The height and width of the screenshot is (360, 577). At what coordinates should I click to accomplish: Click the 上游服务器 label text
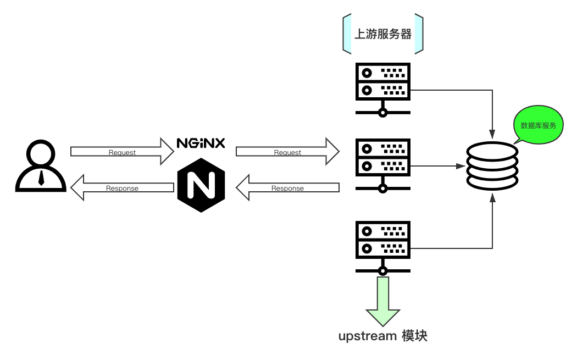[x=383, y=34]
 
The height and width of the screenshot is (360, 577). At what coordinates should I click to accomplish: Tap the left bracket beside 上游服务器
[x=347, y=34]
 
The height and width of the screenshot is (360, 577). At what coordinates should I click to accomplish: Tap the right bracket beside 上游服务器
[x=419, y=34]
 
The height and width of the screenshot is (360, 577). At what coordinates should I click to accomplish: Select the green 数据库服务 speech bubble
[x=538, y=125]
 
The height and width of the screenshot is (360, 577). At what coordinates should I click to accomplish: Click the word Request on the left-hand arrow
[x=122, y=152]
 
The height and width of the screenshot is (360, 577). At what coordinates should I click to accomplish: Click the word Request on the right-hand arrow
[x=287, y=152]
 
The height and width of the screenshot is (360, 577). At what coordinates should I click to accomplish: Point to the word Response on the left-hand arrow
[x=122, y=188]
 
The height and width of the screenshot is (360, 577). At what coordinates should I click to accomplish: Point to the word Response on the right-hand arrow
[x=287, y=188]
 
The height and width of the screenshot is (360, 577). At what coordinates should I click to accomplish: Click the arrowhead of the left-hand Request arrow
[x=167, y=151]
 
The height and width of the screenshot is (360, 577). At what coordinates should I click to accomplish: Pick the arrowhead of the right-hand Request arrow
[x=332, y=151]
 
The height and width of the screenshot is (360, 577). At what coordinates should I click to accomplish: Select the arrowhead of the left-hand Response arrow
[x=77, y=187]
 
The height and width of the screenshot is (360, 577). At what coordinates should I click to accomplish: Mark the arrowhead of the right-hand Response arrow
[x=243, y=187]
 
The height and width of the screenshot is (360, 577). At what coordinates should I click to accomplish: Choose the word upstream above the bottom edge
[x=367, y=336]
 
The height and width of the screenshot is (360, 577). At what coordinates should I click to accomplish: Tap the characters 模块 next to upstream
[x=414, y=336]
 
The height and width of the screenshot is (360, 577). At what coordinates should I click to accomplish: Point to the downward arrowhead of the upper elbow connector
[x=492, y=135]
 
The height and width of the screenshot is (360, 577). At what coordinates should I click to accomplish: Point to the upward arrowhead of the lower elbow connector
[x=492, y=197]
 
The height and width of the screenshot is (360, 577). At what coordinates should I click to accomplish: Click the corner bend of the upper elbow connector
[x=492, y=90]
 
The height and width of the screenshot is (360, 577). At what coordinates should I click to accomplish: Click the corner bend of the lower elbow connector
[x=492, y=248]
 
